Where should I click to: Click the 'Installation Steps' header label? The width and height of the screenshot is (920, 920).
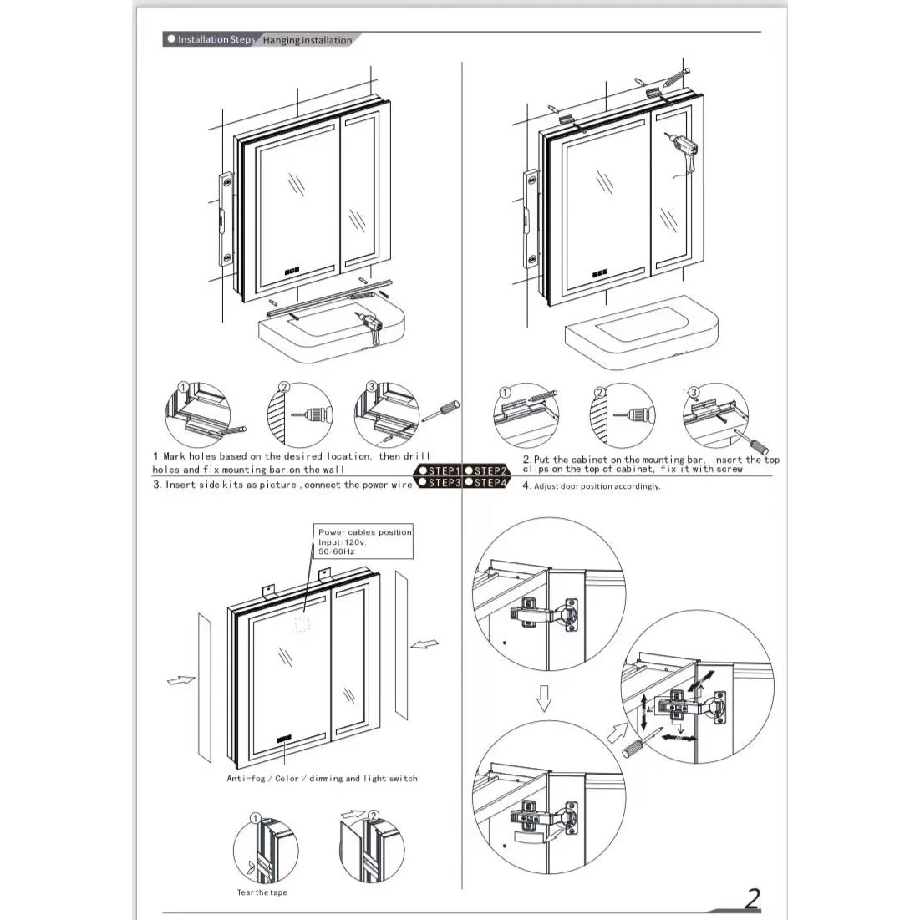pos(216,40)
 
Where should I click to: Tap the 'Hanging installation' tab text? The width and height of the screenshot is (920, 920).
pos(308,40)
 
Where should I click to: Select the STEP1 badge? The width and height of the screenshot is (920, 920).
pos(439,470)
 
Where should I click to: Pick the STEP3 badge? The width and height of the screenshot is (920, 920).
pos(439,483)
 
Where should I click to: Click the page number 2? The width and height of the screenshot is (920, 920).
pos(752,897)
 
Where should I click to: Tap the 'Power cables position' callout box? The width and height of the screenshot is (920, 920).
pos(363,541)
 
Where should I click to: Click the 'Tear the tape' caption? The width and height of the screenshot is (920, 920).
pos(262,892)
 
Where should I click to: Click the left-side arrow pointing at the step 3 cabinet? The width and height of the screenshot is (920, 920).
pos(180,680)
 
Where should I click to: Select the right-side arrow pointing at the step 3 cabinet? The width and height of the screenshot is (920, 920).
pos(424,644)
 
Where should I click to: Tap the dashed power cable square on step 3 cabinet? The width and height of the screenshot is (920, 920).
pos(302,624)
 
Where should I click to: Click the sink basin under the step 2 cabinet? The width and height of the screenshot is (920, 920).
pos(641,333)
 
